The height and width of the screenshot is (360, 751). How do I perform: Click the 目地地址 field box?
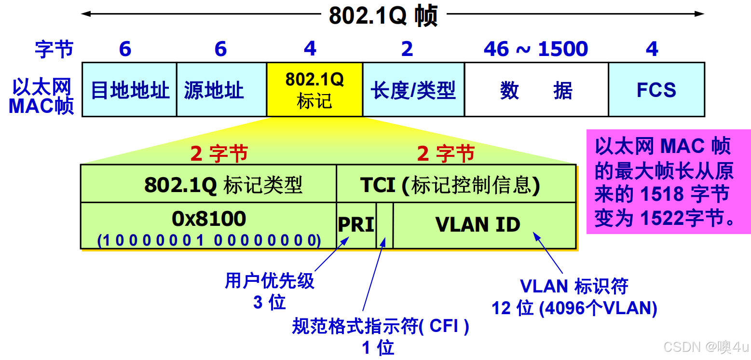pos(129,90)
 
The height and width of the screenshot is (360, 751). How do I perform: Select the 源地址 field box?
pos(221,90)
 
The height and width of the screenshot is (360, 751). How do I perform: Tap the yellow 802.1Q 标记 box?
pos(314,90)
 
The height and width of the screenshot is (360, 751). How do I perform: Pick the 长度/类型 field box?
pos(413,90)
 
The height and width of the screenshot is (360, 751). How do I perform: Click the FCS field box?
pos(656,90)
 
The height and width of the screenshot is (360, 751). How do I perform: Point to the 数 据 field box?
pos(536,90)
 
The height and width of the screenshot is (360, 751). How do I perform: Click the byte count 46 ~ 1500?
pos(535,49)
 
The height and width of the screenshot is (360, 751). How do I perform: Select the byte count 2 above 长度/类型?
pos(407,49)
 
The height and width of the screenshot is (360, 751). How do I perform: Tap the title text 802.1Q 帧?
pos(383,15)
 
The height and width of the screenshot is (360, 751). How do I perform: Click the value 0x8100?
pos(209,219)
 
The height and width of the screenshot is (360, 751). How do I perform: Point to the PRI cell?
pos(356,225)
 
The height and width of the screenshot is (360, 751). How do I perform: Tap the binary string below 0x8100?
pos(209,240)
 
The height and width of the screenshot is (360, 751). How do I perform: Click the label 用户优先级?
pos(270,281)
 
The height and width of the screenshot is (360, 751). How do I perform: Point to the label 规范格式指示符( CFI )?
pos(381,327)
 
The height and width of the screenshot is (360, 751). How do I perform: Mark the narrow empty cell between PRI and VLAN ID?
pos(384,225)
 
